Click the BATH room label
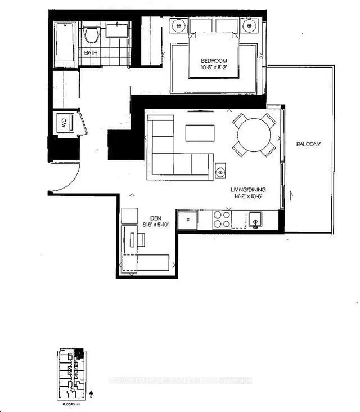[91, 52]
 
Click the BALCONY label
[309, 144]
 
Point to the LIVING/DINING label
[247, 190]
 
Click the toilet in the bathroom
[92, 35]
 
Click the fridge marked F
[187, 220]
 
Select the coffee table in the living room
[200, 133]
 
